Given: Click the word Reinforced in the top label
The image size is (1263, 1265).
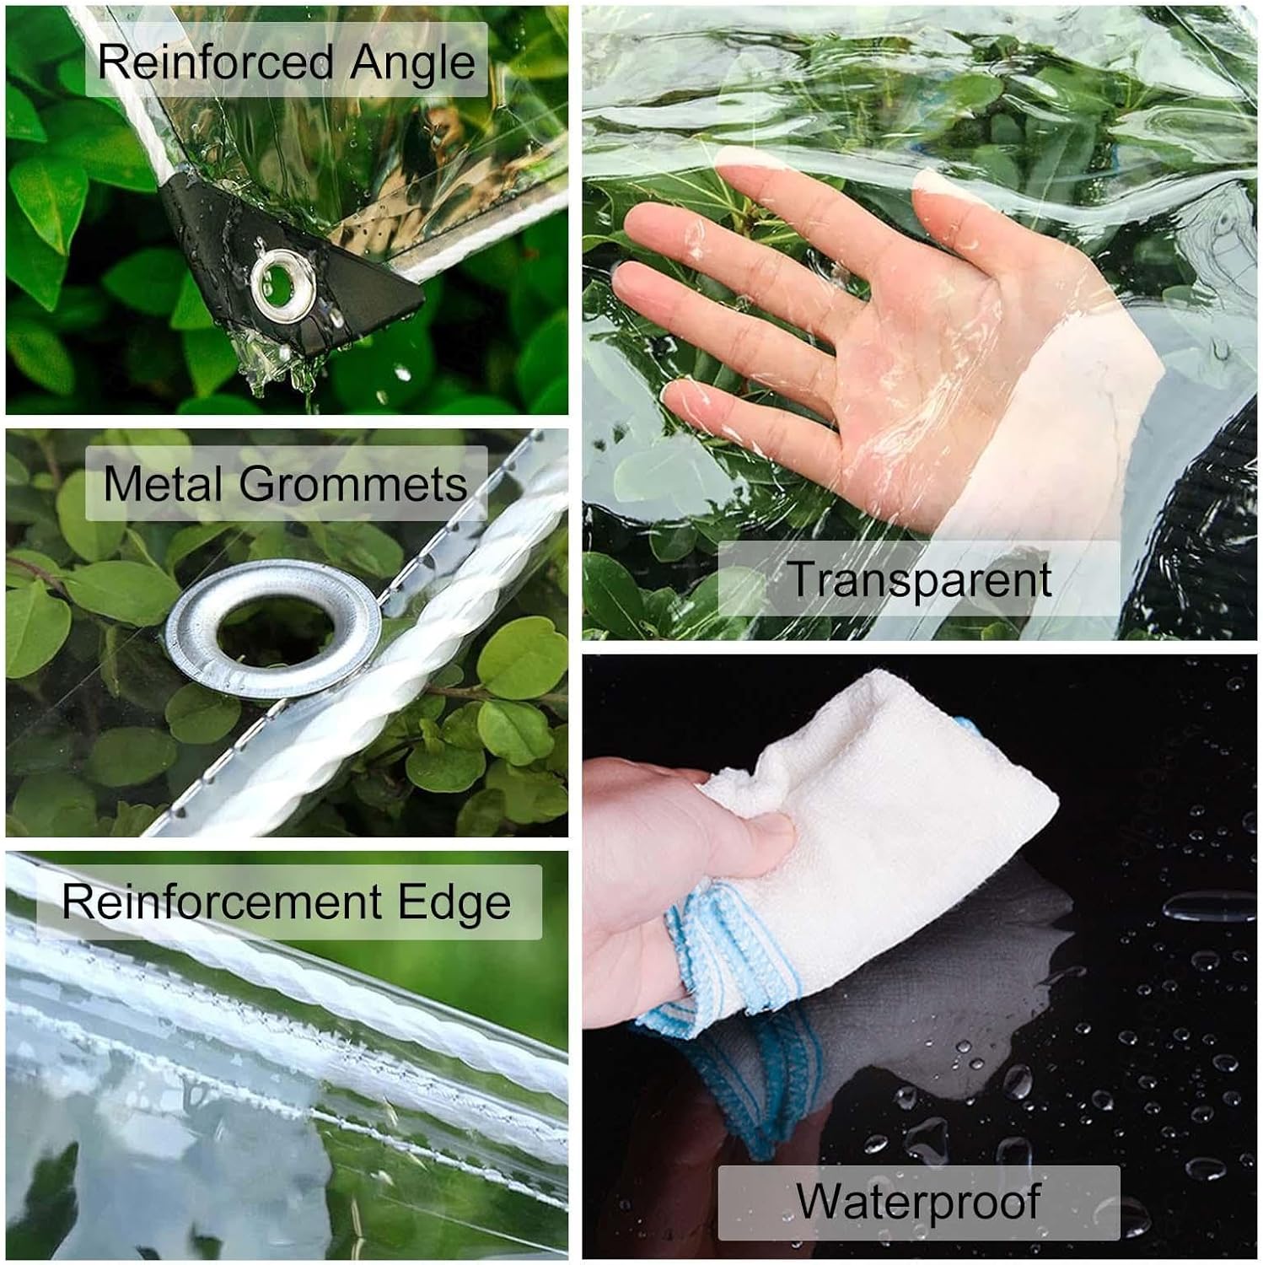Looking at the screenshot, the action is click(x=216, y=62).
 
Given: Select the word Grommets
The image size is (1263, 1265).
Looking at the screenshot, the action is click(x=353, y=483).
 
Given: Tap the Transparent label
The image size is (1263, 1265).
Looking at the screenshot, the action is click(x=919, y=579).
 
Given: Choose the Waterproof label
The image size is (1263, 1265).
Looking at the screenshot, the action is click(x=918, y=1200).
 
